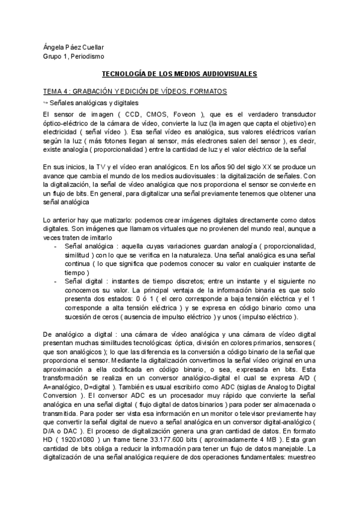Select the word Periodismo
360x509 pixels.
(87, 56)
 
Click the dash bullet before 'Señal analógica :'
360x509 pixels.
(57, 247)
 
